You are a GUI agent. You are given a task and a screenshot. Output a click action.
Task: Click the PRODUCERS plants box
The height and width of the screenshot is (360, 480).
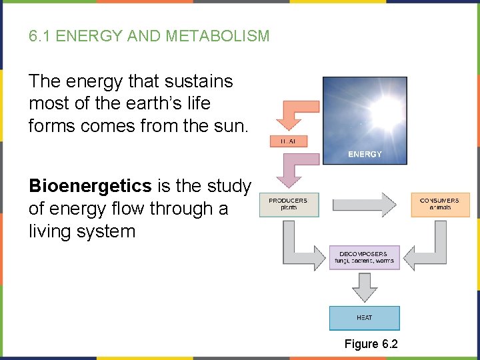pos(288,204)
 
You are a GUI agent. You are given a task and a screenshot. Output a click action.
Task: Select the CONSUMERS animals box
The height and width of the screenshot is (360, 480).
pos(439,204)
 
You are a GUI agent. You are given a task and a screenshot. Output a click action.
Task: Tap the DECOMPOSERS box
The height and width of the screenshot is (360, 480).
pos(364,257)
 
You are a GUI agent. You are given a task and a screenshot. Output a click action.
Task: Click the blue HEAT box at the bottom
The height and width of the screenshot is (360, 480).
pos(364,318)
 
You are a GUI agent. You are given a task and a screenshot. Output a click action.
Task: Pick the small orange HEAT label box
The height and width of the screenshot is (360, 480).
pos(288,141)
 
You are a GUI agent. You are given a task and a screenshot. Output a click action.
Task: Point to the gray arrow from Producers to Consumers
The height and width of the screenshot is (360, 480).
pos(363,205)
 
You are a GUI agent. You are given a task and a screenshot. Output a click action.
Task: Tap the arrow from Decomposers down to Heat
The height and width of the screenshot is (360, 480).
pos(364,287)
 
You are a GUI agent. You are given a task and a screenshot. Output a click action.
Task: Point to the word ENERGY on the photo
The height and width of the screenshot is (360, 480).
pos(365,154)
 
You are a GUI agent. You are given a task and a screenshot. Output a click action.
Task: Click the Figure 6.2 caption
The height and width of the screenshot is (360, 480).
pos(370,344)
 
